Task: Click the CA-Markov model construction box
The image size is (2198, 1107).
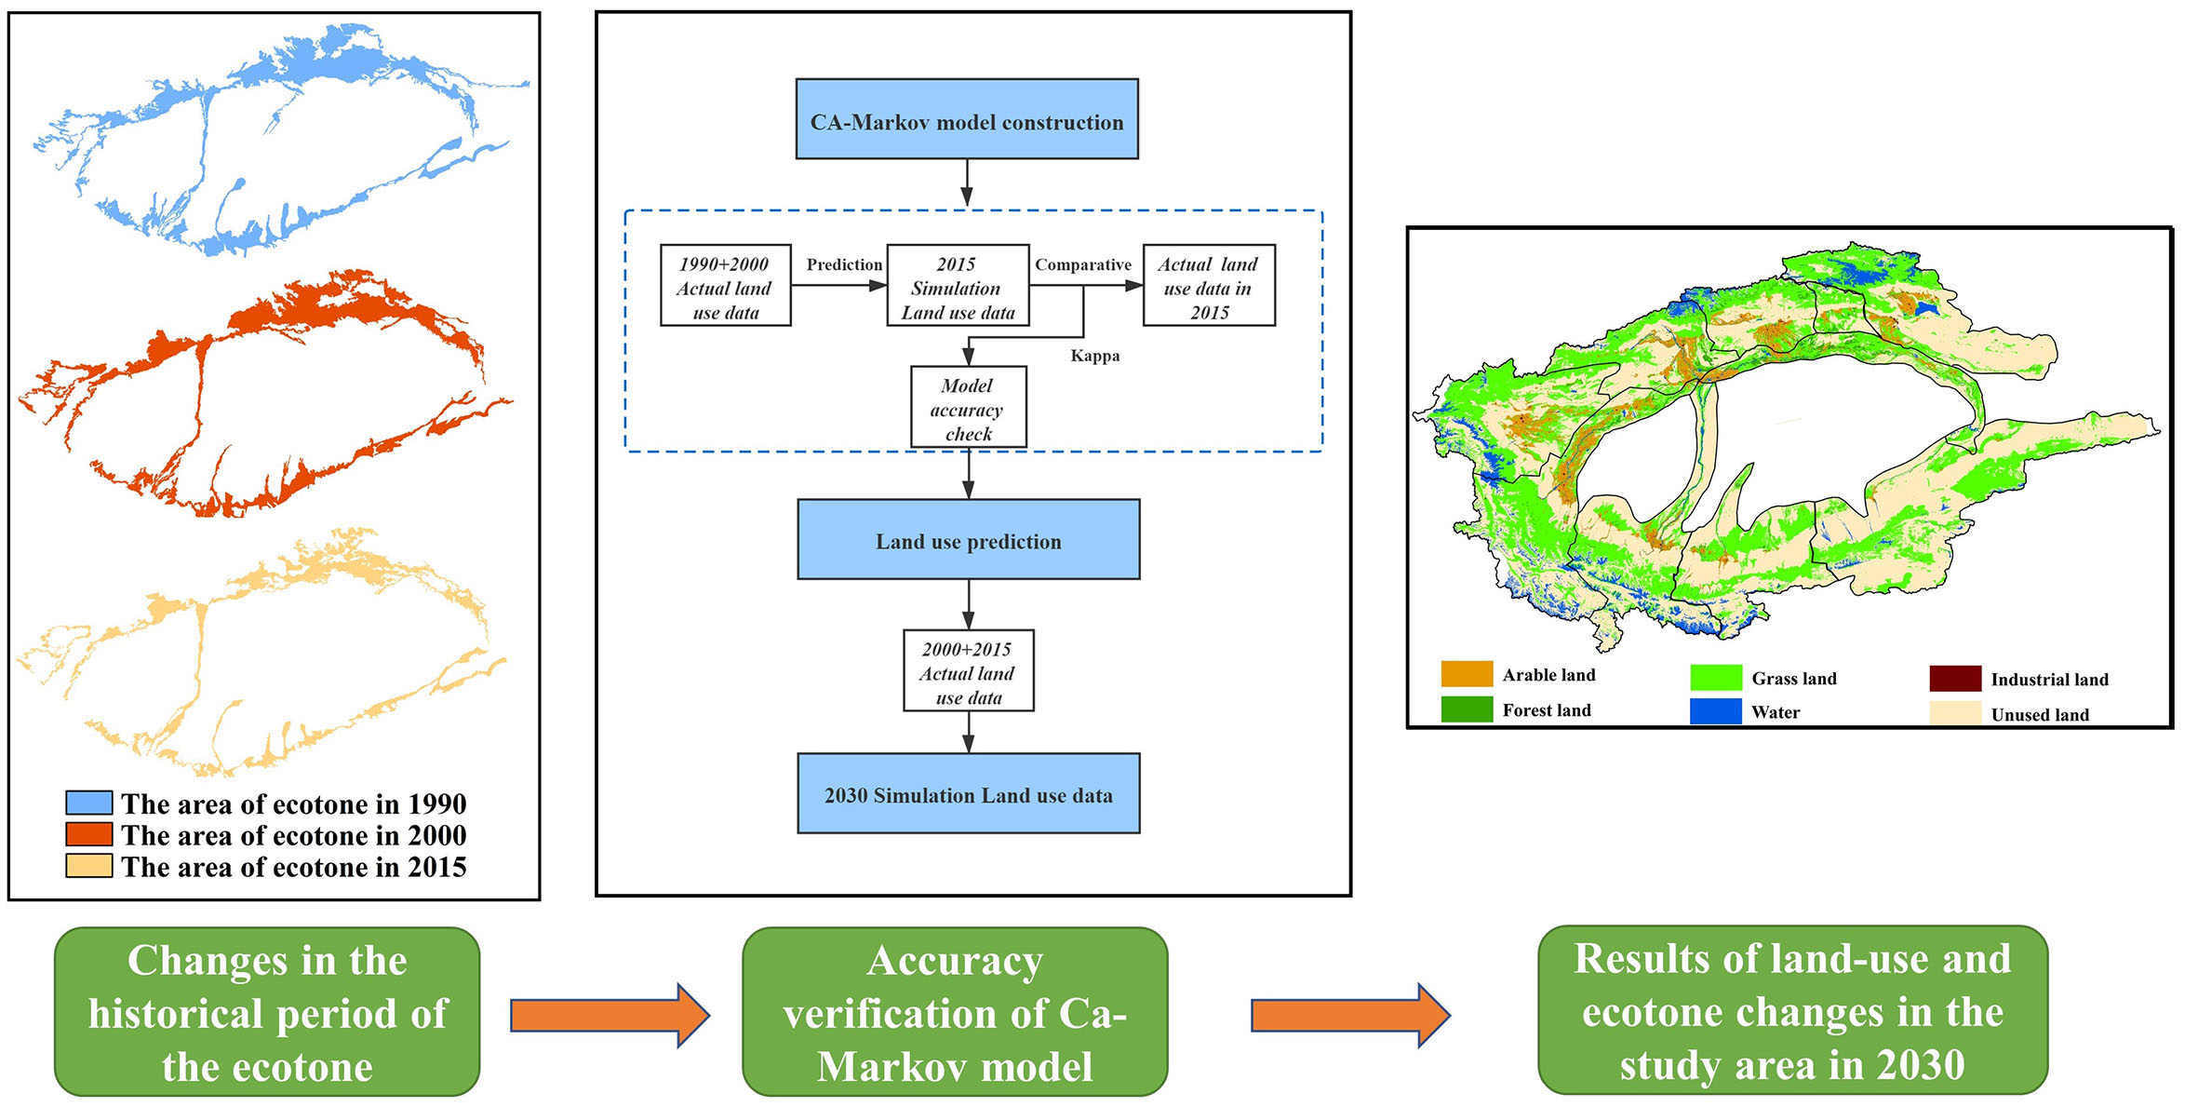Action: pos(966,119)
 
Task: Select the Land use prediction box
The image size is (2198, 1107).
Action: pos(968,540)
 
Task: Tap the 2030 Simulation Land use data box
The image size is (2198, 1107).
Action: pos(968,793)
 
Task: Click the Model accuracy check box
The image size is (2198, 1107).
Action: pos(968,408)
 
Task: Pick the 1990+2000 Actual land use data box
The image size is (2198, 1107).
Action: pos(725,286)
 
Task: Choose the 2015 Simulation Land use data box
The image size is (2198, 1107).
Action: pos(958,286)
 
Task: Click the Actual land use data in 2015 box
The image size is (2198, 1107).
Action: pos(1208,286)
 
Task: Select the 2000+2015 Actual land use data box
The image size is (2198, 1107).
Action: pos(968,671)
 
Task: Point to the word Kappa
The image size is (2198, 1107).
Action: pos(1094,356)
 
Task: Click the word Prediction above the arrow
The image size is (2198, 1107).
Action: pos(843,264)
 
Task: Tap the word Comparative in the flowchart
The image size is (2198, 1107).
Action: pos(1082,264)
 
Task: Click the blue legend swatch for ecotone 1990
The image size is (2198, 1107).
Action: pos(89,803)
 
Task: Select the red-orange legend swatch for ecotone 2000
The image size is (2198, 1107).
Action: pos(89,834)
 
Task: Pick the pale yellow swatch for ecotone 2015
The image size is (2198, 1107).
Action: pos(89,866)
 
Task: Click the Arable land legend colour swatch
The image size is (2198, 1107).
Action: pos(1466,674)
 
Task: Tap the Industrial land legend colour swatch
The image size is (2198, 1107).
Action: pos(1954,679)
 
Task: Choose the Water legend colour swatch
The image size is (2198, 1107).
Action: pos(1714,711)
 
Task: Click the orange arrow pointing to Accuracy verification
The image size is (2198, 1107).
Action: pos(610,1015)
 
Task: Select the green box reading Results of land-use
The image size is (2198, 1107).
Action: pos(1791,1010)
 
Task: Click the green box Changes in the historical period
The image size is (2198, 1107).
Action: pos(267,1012)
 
